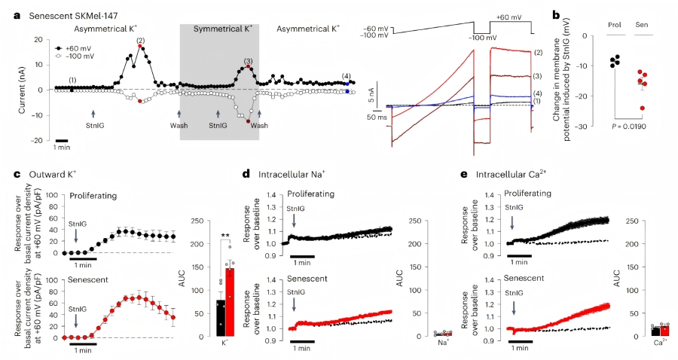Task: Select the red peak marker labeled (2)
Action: [x=140, y=47]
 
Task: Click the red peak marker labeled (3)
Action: [x=249, y=67]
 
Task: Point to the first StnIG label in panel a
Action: [x=95, y=126]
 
